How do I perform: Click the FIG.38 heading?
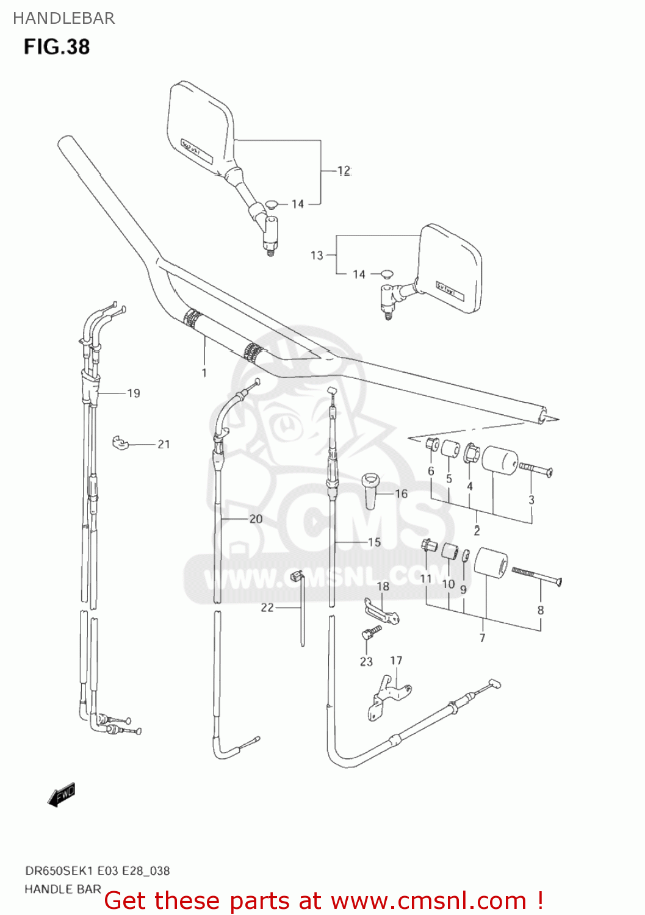click(57, 47)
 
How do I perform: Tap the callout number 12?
click(344, 171)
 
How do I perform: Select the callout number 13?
click(317, 255)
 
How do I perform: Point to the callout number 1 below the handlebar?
click(204, 373)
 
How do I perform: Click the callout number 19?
click(133, 393)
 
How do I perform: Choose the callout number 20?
click(256, 518)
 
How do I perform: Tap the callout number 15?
click(374, 542)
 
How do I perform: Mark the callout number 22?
click(267, 608)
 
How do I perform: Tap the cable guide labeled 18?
click(382, 611)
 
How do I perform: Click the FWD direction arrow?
click(62, 795)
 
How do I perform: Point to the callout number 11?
click(425, 579)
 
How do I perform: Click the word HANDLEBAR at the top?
click(63, 18)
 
